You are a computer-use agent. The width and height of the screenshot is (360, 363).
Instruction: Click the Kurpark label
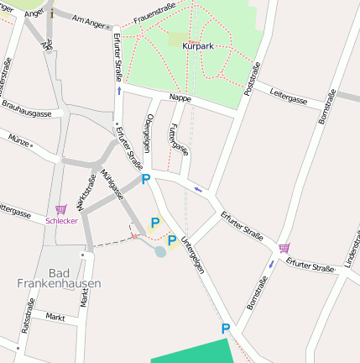click(x=198, y=46)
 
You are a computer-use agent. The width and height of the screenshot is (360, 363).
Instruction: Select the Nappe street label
click(x=180, y=98)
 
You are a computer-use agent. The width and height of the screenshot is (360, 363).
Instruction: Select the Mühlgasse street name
click(x=112, y=184)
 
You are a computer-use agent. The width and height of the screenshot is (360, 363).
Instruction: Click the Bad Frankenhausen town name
click(x=59, y=278)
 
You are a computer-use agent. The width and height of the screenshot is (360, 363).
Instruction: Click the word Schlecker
click(x=62, y=221)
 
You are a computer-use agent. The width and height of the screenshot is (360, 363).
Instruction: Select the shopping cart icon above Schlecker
click(x=60, y=209)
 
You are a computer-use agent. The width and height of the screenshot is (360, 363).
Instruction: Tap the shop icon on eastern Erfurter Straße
click(x=284, y=248)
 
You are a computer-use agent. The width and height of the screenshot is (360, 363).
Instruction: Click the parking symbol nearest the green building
click(x=225, y=329)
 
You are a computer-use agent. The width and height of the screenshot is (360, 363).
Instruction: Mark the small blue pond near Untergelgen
click(x=159, y=250)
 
